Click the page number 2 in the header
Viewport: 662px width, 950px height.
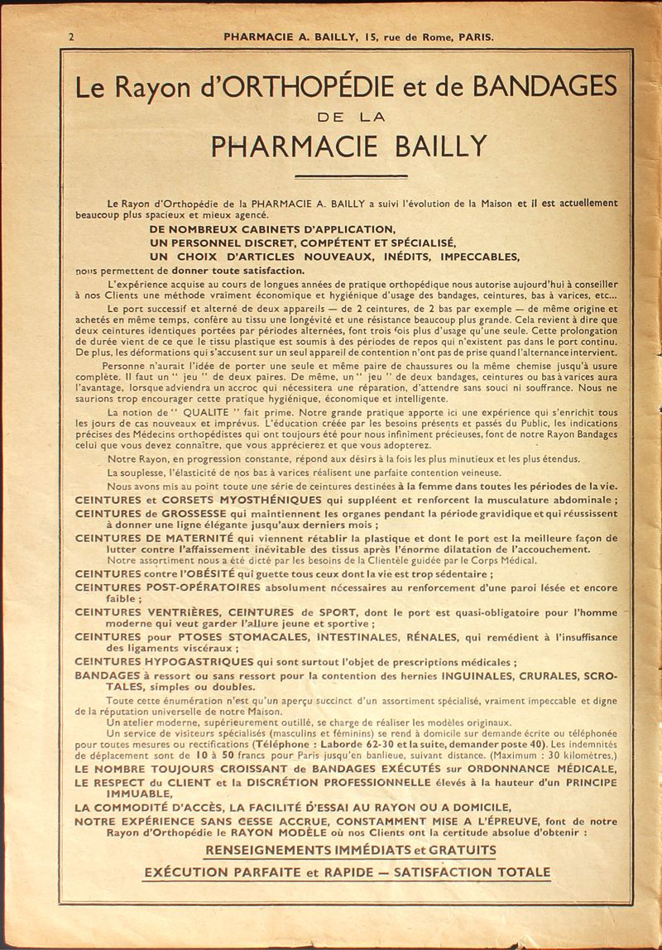tap(72, 36)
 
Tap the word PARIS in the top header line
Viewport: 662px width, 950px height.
tap(474, 36)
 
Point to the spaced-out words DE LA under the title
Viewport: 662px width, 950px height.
tap(352, 117)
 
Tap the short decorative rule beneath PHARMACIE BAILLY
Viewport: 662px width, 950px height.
tap(352, 175)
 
